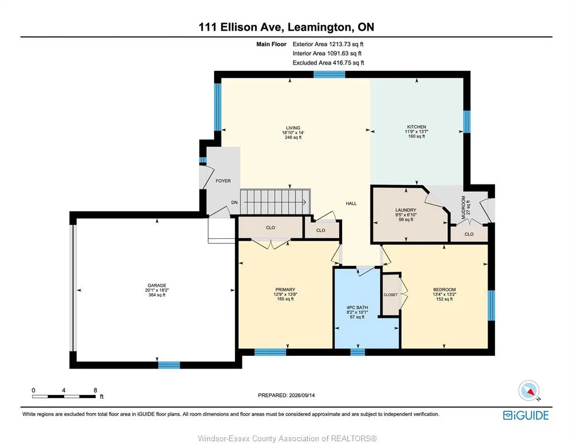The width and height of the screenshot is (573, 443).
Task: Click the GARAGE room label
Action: click(x=157, y=286)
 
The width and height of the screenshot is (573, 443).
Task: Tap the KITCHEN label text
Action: click(x=417, y=127)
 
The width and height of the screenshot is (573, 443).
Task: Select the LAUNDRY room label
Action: click(x=406, y=210)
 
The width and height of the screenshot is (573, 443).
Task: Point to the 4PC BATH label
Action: click(x=357, y=307)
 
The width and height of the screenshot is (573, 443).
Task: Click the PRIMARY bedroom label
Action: click(x=285, y=290)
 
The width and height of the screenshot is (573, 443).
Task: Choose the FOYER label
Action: click(x=223, y=181)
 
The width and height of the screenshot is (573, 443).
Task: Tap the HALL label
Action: click(x=351, y=204)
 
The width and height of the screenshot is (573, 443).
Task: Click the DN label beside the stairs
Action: click(x=234, y=202)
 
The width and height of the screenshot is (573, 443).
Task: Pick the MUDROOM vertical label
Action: click(x=463, y=208)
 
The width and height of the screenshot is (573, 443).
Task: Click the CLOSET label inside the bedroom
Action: click(x=391, y=295)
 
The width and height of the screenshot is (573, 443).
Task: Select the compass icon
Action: click(x=529, y=391)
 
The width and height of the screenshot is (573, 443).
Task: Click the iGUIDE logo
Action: click(x=526, y=415)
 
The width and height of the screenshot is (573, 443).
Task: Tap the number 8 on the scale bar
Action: click(x=95, y=390)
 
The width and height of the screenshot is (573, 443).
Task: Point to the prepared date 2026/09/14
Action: click(x=302, y=395)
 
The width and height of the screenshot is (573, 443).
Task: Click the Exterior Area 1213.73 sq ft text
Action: click(x=328, y=44)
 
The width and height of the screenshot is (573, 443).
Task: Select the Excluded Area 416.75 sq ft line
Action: click(x=328, y=63)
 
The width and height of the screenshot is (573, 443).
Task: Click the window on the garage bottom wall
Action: click(x=169, y=365)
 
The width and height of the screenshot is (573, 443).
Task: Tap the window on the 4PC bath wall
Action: click(x=357, y=352)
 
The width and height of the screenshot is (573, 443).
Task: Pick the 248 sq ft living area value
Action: click(x=293, y=137)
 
